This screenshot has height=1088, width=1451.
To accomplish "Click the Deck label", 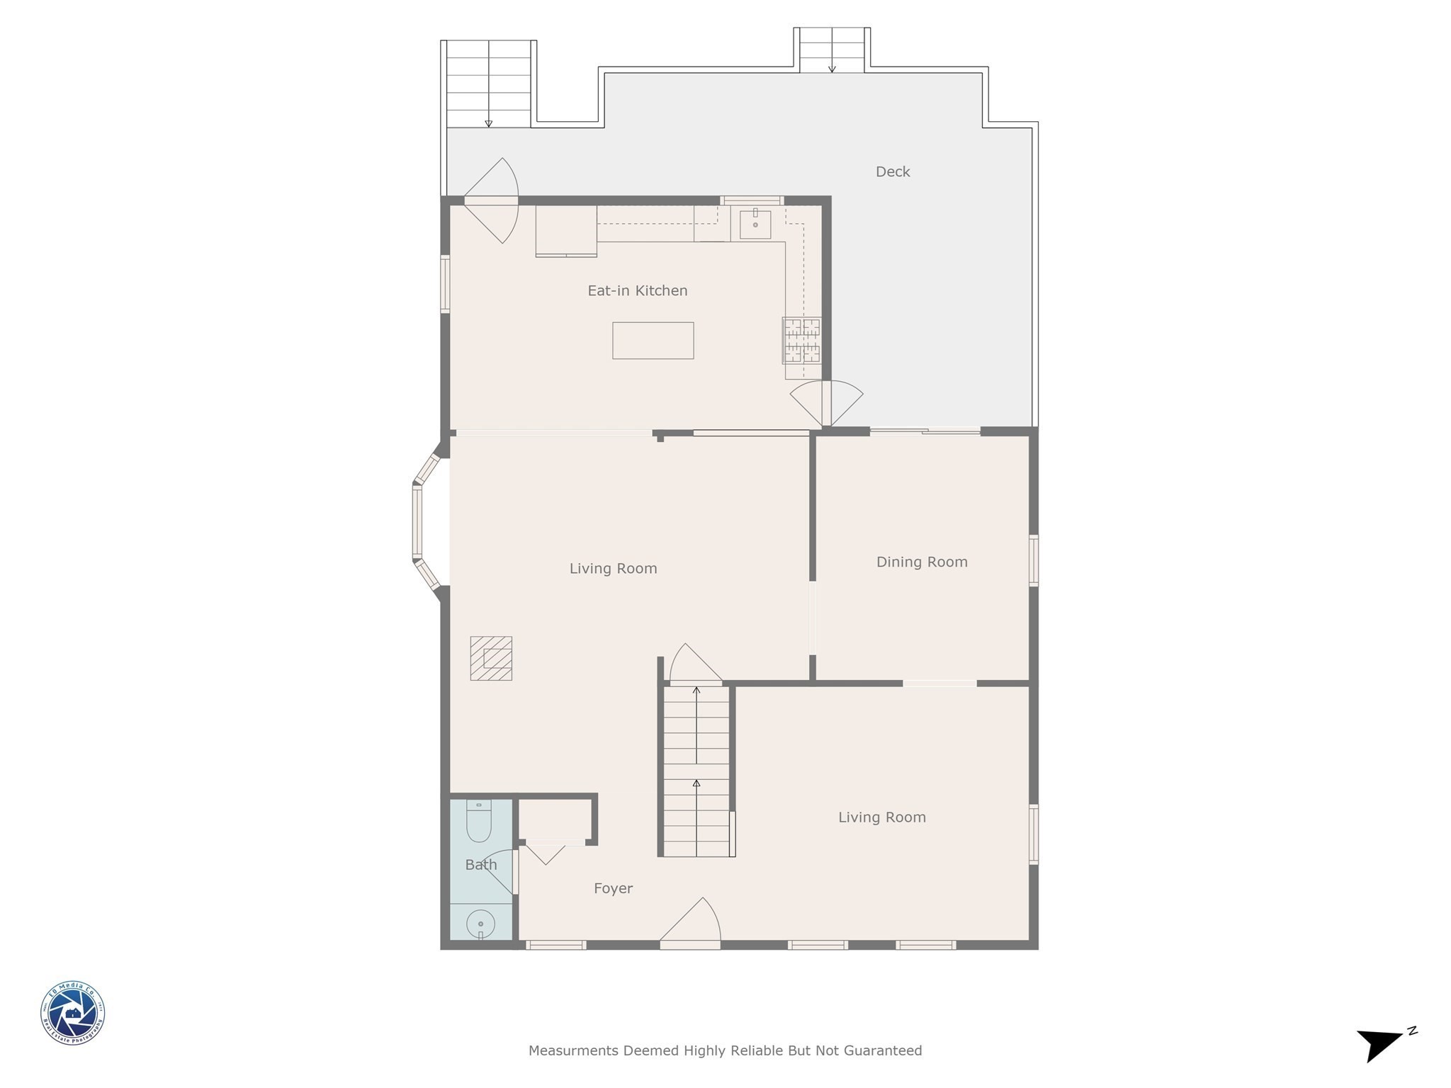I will (892, 171).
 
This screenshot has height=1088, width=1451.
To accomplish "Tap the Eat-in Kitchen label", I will (637, 290).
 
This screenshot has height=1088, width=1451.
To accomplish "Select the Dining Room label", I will (921, 562).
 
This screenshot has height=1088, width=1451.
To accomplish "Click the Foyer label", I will (613, 888).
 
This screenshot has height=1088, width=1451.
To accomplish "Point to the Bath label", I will (480, 864).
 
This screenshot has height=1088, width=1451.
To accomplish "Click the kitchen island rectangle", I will (653, 341).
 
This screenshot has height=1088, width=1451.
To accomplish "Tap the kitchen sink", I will (755, 225).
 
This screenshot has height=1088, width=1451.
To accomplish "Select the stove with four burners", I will (801, 340).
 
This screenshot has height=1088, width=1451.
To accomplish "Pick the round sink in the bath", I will (480, 924).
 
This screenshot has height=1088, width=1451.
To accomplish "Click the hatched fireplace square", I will (491, 658).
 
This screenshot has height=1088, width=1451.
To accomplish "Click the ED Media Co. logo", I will (72, 1013).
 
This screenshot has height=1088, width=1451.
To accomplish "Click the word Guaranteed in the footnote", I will (883, 1050).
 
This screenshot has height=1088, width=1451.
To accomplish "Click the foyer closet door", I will (546, 853).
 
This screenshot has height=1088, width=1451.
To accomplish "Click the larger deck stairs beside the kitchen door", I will (488, 84).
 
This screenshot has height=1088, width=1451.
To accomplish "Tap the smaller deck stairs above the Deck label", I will (832, 50).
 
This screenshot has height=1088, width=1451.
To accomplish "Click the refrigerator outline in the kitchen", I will (565, 230).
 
